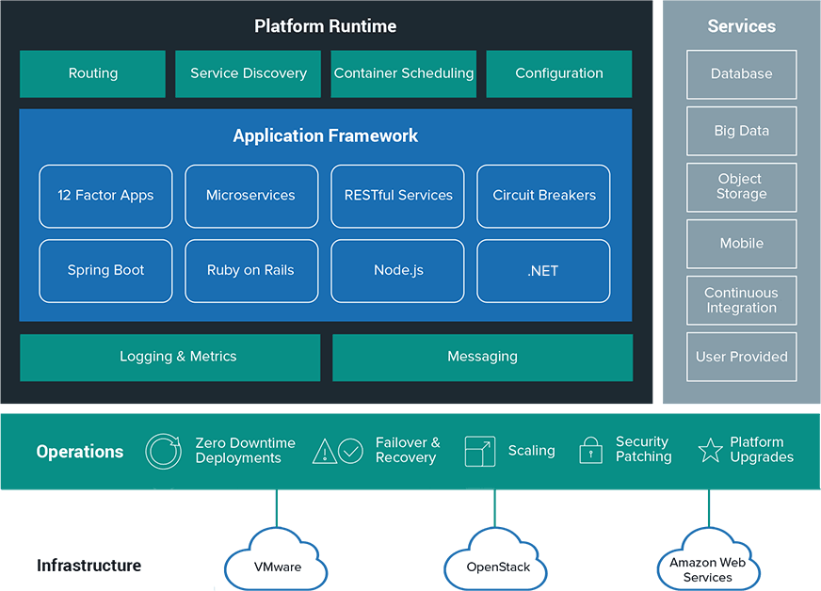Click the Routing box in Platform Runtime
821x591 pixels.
click(92, 73)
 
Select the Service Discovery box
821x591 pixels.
click(249, 73)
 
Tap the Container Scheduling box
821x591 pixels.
click(404, 73)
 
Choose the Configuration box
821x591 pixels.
click(559, 73)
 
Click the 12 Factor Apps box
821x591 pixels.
click(105, 196)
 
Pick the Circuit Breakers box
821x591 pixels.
click(544, 196)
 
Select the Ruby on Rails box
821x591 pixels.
click(250, 270)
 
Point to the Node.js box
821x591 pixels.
click(397, 270)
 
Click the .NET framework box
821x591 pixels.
click(544, 270)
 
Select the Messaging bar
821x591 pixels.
click(482, 357)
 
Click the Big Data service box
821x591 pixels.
click(741, 131)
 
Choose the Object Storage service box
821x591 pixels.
click(741, 186)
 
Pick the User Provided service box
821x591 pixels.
click(741, 357)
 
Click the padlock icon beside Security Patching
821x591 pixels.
click(590, 450)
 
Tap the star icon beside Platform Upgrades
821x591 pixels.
click(710, 450)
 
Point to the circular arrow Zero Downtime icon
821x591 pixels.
click(163, 451)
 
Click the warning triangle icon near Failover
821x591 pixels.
click(325, 451)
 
